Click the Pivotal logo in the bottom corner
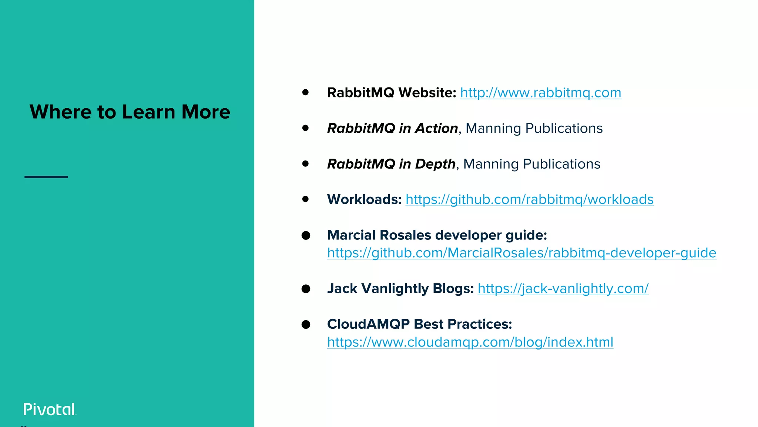[50, 409]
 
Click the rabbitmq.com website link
[540, 93]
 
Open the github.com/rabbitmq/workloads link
[529, 199]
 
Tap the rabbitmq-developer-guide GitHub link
[521, 253]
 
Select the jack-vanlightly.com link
[563, 288]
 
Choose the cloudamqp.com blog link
[470, 342]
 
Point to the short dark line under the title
[46, 177]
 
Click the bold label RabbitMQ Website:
[392, 93]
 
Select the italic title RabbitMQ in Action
[392, 128]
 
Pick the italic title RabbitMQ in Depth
[391, 164]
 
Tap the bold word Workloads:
[364, 199]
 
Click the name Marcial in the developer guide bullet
[351, 235]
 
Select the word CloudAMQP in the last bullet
[368, 324]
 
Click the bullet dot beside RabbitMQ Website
[305, 92]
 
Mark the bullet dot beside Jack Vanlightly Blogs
[306, 289]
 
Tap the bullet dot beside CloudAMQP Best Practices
[306, 324]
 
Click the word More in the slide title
[206, 112]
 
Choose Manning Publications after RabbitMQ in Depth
[531, 164]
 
